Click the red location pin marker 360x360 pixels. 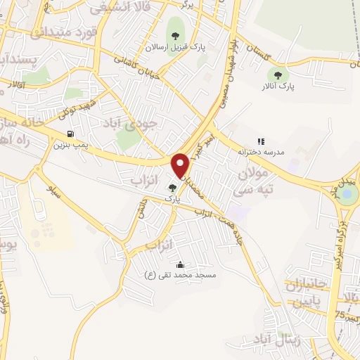coord(181,165)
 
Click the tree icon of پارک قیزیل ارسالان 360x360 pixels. coord(174,37)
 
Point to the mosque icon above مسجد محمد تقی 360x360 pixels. coord(181,264)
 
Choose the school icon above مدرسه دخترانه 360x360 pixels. coord(262,141)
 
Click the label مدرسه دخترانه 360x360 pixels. coord(261,151)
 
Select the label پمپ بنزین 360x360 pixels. coord(70,146)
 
